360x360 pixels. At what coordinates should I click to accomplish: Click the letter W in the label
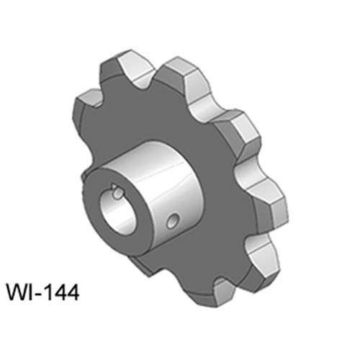[x=17, y=292]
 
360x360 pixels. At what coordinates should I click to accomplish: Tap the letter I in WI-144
[x=30, y=292]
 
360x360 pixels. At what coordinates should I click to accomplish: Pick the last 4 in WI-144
[x=72, y=292]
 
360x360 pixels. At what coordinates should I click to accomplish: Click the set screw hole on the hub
[x=173, y=221]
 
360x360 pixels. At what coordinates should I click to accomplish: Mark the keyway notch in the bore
[x=117, y=192]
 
